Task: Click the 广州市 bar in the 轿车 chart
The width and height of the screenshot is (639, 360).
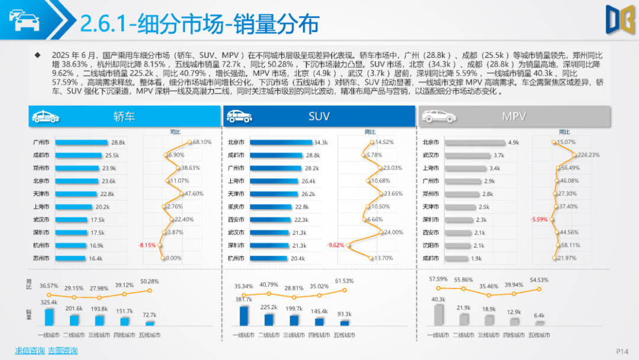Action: pos(81,142)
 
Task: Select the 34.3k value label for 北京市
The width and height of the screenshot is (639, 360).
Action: pos(321,142)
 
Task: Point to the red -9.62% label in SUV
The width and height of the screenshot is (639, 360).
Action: pos(335,245)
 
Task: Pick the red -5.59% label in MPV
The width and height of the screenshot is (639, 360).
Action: pos(539,220)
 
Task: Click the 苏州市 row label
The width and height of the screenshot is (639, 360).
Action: pos(41,258)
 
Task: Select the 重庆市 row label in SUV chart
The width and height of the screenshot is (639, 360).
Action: pos(235,207)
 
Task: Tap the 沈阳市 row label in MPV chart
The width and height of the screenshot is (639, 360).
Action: pos(430,245)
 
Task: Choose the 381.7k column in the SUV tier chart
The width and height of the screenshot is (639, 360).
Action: pos(244,315)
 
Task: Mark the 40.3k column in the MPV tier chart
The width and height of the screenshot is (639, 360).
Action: pos(438,314)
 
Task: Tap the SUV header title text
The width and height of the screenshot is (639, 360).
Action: pos(319,117)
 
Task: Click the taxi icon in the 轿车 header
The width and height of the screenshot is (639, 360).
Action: pos(45,117)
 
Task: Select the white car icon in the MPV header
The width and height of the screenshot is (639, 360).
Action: pos(438,117)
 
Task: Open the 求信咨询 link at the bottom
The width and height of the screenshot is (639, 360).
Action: pos(30,351)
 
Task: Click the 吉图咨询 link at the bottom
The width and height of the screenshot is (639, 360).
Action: pos(63,351)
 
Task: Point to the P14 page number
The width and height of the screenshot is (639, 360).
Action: pos(622,351)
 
